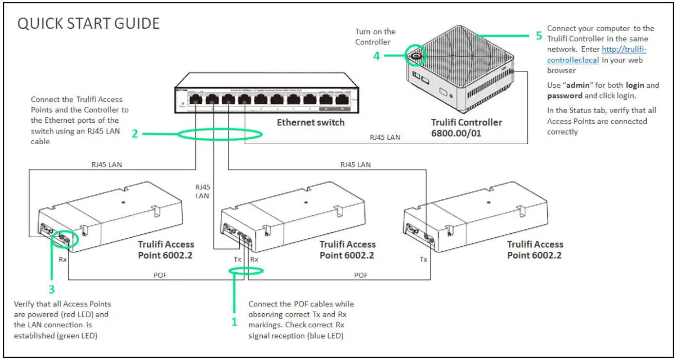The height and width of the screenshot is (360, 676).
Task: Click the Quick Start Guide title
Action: [x=88, y=23]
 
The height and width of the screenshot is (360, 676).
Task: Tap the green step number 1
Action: [x=234, y=322]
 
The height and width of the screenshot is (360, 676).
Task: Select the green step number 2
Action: [x=135, y=133]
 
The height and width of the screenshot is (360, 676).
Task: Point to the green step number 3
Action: [x=51, y=289]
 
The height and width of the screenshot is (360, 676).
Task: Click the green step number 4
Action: [x=376, y=56]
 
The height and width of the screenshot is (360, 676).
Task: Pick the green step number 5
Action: [x=539, y=36]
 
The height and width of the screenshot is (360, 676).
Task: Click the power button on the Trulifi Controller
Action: [x=416, y=57]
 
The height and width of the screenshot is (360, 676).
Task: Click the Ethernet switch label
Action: [x=310, y=122]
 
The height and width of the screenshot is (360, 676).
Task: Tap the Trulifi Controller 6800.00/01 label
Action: [x=466, y=128]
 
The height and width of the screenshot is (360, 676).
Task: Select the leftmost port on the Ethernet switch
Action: [x=195, y=100]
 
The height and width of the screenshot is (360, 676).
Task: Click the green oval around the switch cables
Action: [x=220, y=134]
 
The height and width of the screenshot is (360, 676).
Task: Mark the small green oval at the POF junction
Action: [x=246, y=271]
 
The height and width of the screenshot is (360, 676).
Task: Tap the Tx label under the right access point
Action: [x=423, y=260]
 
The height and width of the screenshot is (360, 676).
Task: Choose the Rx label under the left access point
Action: [x=62, y=260]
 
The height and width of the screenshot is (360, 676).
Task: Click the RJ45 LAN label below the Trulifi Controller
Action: [x=385, y=137]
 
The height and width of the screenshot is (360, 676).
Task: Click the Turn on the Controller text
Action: [x=375, y=37]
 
